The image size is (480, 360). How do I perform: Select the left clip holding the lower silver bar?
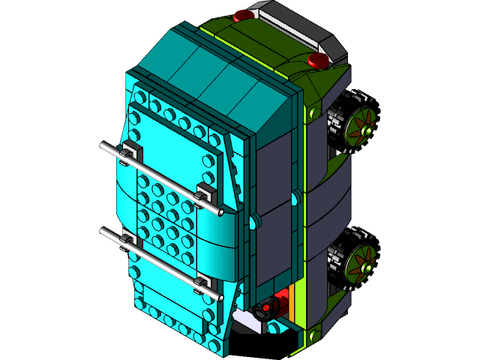point(127,241)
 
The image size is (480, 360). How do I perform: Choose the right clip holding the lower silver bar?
point(202,283)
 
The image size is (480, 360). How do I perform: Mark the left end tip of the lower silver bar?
point(103,231)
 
